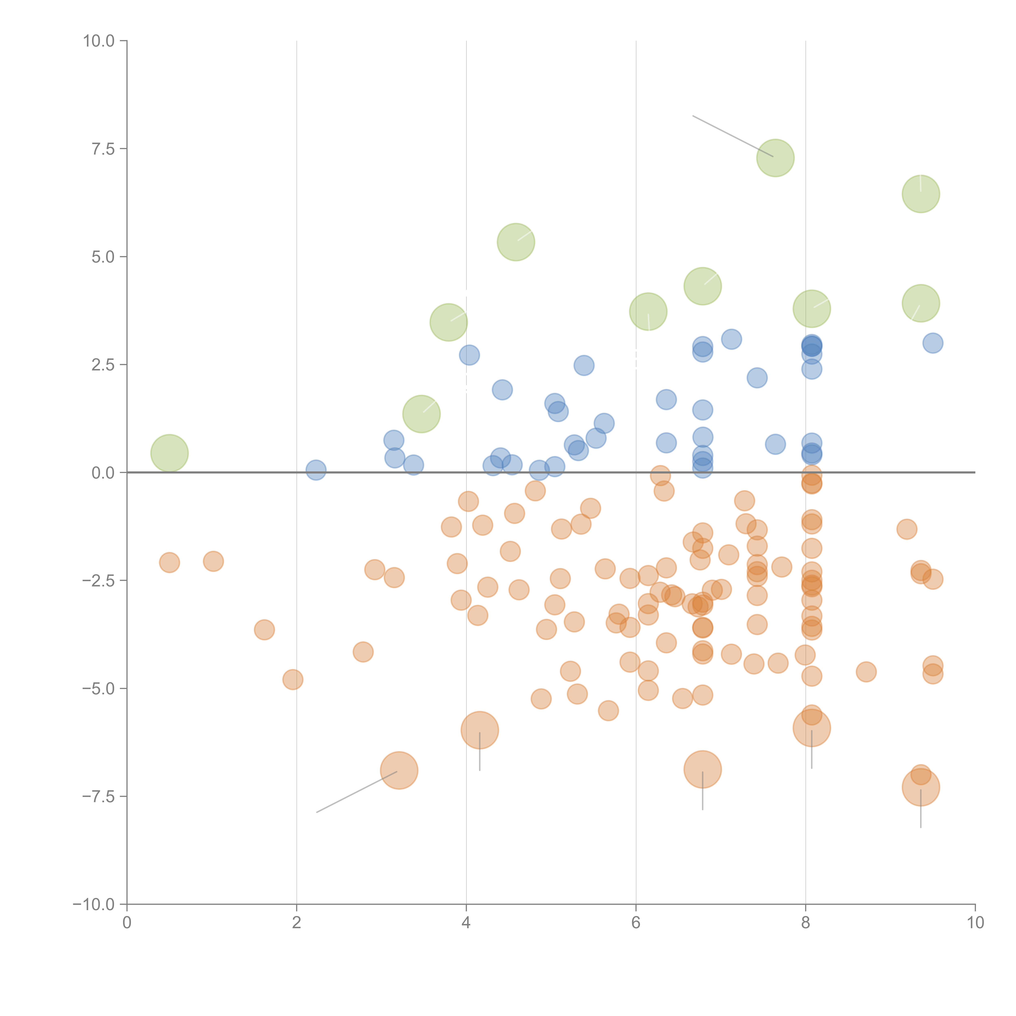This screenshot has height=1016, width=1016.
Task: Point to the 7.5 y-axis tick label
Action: (103, 149)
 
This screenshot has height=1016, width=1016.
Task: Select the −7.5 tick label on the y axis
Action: (98, 797)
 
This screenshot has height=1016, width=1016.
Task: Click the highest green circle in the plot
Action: (775, 158)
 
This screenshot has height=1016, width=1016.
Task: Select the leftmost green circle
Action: (169, 453)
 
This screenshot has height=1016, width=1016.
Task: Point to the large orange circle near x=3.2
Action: (399, 770)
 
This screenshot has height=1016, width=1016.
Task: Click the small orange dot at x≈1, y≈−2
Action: (213, 561)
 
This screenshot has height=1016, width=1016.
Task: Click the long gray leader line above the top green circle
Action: (732, 136)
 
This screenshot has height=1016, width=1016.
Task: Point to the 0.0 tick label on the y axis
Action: (103, 473)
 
